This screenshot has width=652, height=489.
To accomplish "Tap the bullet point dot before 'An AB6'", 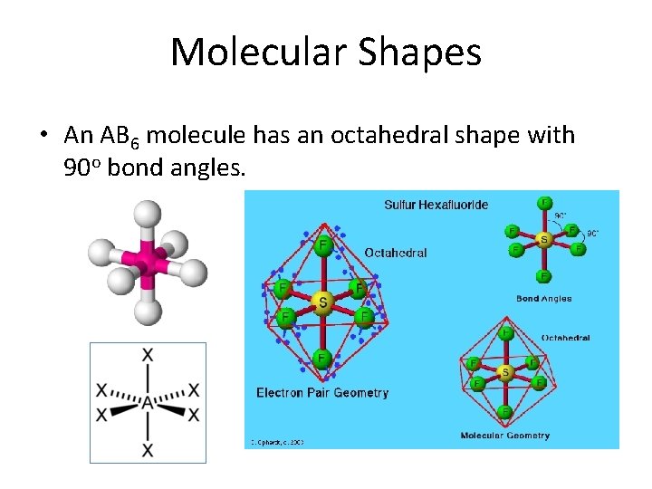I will tap(43, 136).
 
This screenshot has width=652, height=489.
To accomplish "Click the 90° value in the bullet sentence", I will tap(88, 169).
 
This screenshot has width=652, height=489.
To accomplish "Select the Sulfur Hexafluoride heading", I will tap(436, 205).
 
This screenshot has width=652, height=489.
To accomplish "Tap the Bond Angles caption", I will tap(543, 298).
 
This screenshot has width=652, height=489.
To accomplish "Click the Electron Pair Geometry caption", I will tap(322, 393).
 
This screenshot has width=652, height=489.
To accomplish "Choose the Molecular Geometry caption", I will tap(504, 436).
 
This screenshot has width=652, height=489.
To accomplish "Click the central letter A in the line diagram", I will tap(147, 403).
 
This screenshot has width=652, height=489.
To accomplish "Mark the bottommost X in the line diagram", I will tap(148, 450).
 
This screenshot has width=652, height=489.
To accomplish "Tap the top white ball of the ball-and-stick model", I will tap(147, 214).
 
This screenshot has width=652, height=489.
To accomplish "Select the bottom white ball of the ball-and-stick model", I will tap(147, 311).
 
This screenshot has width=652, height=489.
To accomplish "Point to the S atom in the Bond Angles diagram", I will tap(544, 239).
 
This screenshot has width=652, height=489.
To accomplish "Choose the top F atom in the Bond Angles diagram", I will tap(544, 202).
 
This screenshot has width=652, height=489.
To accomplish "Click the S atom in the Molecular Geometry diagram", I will tap(505, 372).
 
